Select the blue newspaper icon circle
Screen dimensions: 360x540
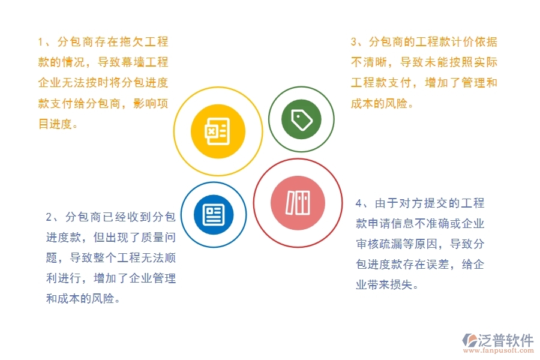[213, 214]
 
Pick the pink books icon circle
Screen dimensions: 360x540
[298, 203]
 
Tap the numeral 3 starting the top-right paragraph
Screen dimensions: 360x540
[354, 42]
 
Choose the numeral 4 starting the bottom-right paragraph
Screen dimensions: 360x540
[358, 203]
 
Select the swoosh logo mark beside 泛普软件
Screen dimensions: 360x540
[468, 341]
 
